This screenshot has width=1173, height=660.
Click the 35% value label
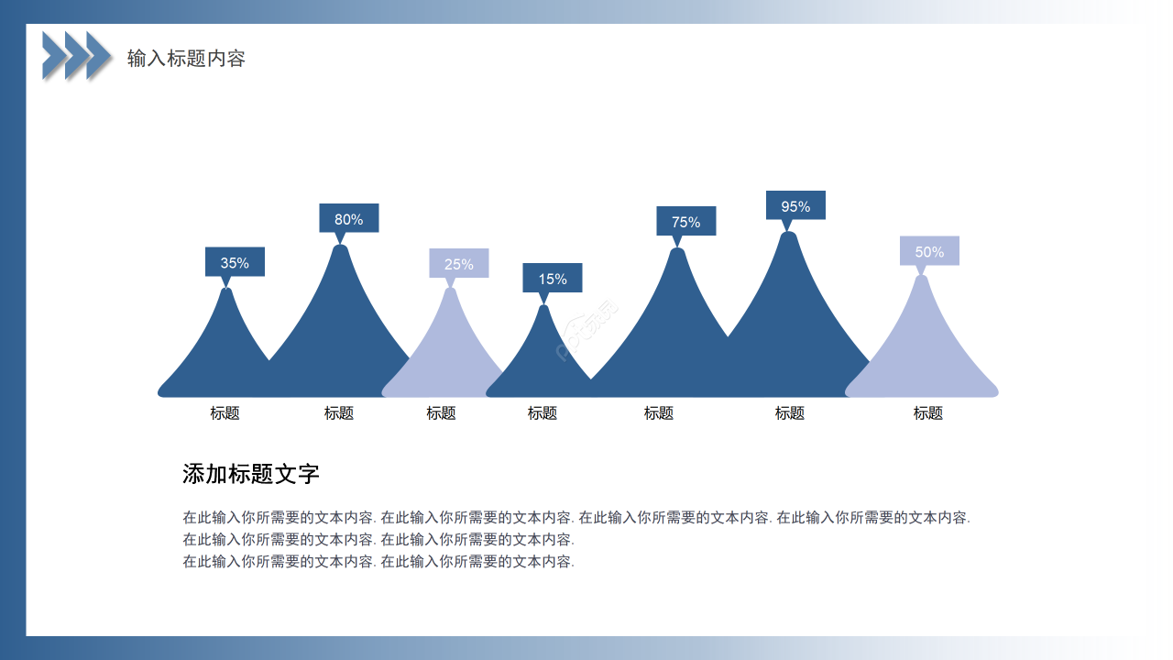click(x=235, y=262)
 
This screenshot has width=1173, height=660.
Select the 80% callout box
click(x=348, y=219)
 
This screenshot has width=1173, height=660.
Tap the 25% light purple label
click(x=459, y=264)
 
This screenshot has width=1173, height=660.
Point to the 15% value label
click(x=553, y=279)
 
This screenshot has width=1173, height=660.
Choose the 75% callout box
click(x=685, y=222)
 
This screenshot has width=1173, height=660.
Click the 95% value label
click(x=795, y=206)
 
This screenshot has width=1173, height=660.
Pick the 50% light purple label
click(x=929, y=251)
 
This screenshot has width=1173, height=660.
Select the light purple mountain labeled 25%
click(x=449, y=357)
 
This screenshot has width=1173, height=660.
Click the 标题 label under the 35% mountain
click(x=225, y=413)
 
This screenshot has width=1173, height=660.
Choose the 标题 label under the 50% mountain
click(x=927, y=413)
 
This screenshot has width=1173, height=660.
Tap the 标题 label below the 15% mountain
click(x=542, y=413)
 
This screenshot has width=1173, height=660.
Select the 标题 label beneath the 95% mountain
click(x=789, y=413)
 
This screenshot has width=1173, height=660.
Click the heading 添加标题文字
click(x=251, y=474)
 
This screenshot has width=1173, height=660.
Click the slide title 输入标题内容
click(x=186, y=59)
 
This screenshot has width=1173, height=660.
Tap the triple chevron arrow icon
click(x=77, y=55)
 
